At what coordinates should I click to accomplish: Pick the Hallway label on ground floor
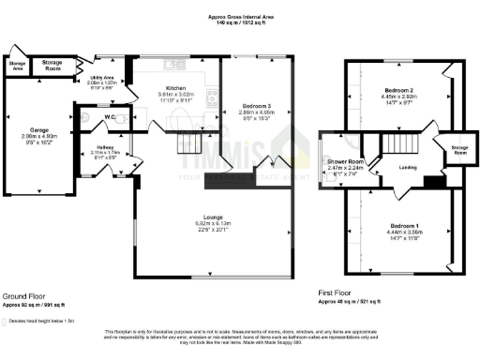104,149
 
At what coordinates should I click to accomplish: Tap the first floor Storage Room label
455,150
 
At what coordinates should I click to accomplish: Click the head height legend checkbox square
7,320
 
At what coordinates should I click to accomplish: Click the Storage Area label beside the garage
17,65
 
